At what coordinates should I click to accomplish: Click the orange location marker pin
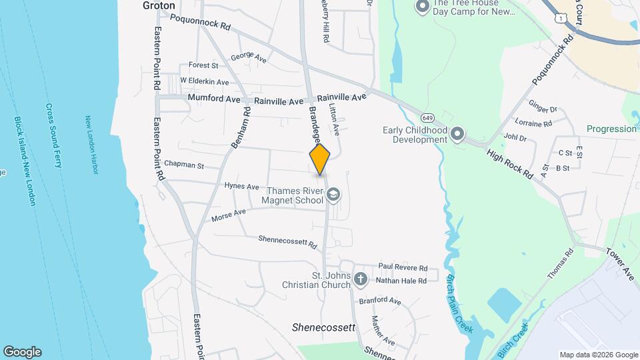point(320,159)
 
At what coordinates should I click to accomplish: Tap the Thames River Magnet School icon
point(333,195)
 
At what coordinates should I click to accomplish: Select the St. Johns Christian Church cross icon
point(360,279)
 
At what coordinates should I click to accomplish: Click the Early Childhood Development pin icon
point(457,135)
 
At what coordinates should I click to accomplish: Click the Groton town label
point(159,5)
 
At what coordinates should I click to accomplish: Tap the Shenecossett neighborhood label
point(324,328)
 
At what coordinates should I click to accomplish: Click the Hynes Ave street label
point(241,187)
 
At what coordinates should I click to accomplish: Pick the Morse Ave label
point(229,215)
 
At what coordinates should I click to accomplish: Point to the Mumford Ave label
point(213,99)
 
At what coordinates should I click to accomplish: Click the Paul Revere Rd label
point(403,266)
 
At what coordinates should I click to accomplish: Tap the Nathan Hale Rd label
point(401,281)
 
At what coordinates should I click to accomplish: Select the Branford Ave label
point(380,301)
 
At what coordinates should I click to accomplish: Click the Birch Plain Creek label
point(459,300)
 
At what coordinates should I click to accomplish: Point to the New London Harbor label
point(92,145)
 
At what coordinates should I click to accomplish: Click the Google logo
point(22,351)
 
